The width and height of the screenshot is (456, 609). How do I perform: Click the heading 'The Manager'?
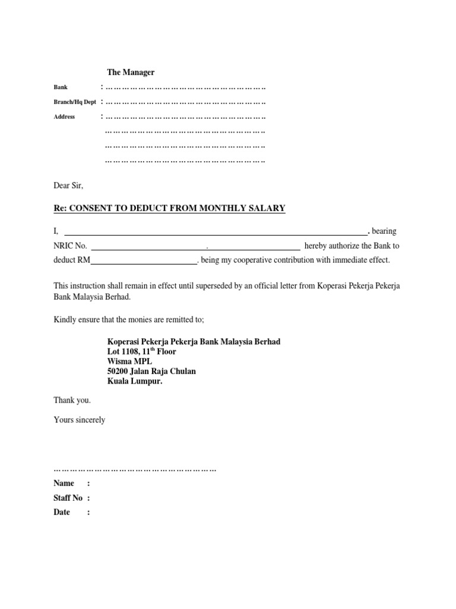tap(131, 72)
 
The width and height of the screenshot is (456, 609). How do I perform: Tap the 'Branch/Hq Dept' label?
tap(74, 102)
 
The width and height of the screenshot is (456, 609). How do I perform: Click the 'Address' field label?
tap(64, 117)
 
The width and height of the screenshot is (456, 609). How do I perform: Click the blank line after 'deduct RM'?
tap(144, 260)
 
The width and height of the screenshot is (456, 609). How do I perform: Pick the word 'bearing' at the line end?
tap(384, 231)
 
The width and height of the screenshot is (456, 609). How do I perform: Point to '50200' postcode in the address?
tap(118, 371)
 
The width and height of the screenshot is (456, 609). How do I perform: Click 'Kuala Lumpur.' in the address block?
tap(134, 381)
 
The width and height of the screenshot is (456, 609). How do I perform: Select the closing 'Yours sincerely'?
tap(79, 420)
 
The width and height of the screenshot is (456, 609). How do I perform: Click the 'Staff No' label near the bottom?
tap(68, 498)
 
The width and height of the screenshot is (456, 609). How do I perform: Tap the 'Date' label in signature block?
tap(62, 512)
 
